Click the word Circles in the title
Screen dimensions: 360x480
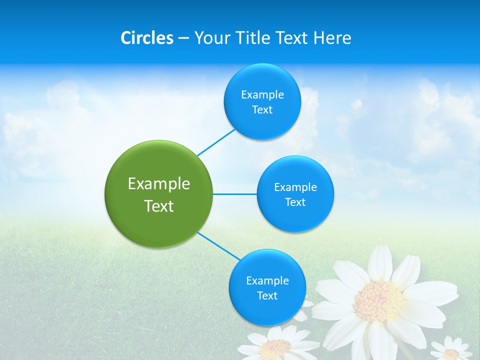click(x=147, y=38)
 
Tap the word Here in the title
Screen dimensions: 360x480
click(x=332, y=38)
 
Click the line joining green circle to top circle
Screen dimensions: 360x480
click(x=216, y=142)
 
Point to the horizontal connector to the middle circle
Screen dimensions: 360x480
click(x=235, y=194)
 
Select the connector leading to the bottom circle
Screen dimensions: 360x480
click(x=218, y=245)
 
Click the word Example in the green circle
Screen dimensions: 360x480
click(x=159, y=184)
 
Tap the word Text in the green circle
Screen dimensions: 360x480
click(x=159, y=206)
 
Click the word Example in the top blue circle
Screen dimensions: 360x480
click(x=262, y=94)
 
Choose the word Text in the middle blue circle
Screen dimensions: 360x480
click(x=295, y=202)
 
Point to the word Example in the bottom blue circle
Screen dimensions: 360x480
click(x=267, y=280)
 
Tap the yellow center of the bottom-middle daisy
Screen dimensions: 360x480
click(x=275, y=348)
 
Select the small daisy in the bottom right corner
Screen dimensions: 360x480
click(x=451, y=350)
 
